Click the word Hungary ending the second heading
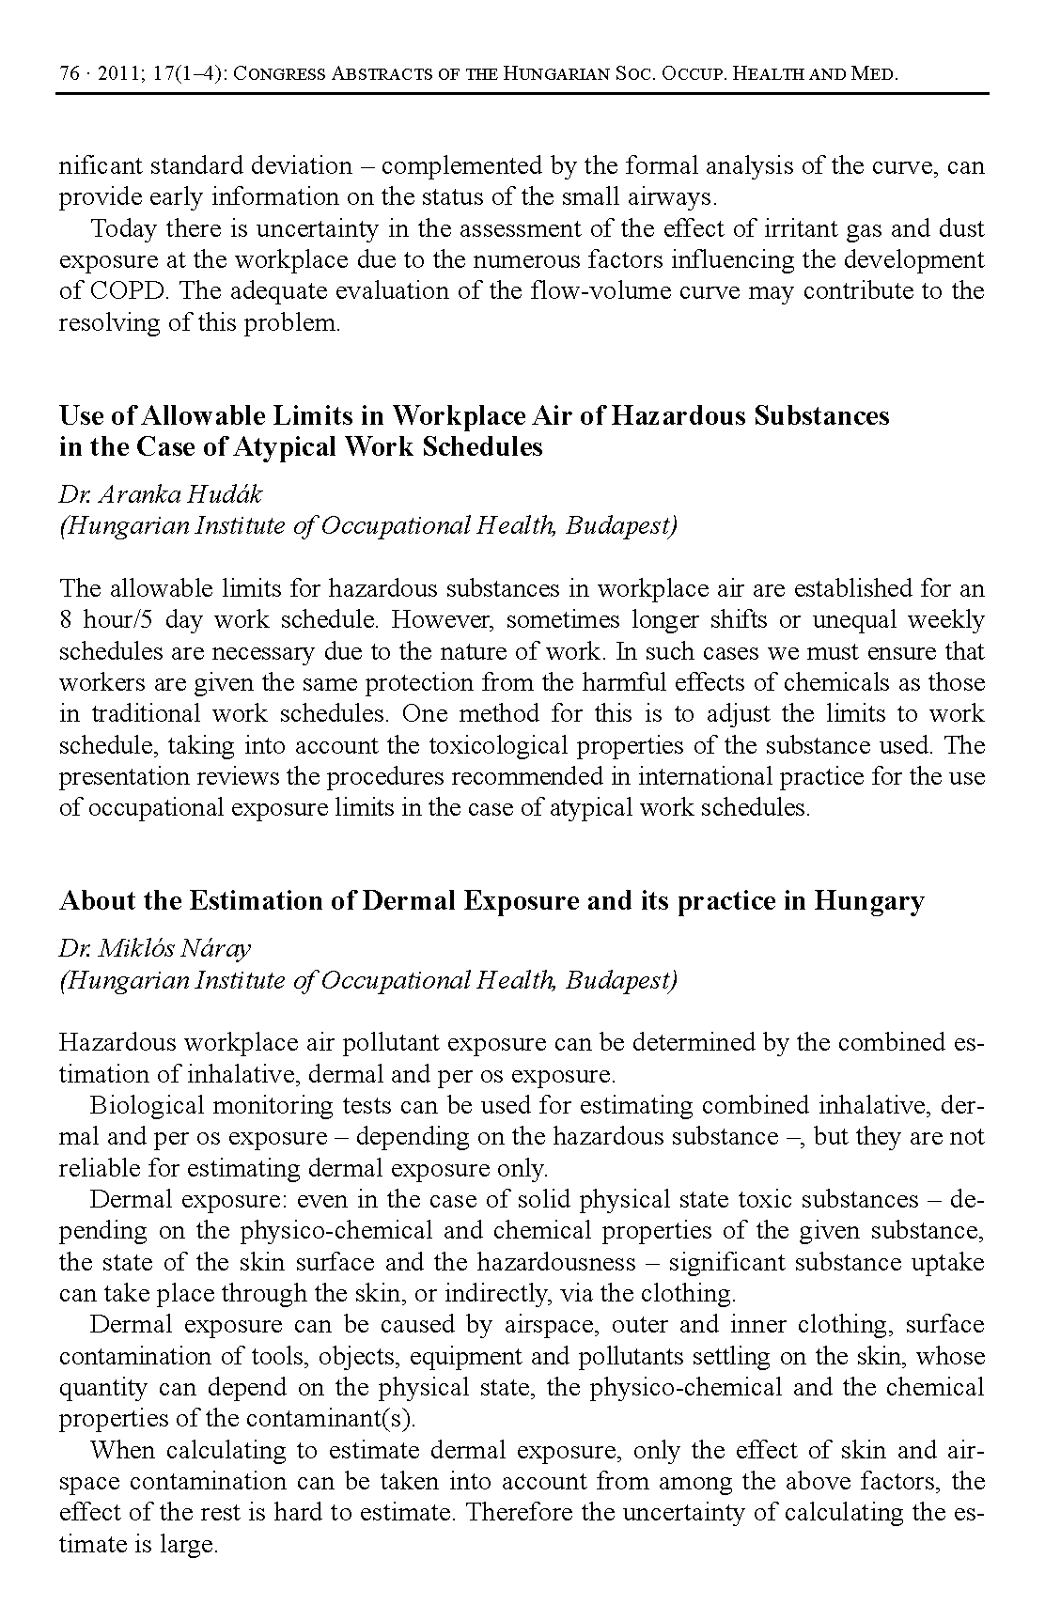(x=869, y=901)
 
